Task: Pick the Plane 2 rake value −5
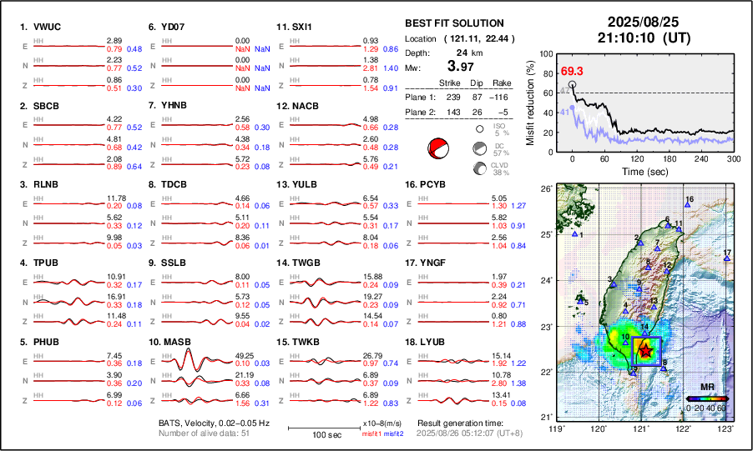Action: pos(503,112)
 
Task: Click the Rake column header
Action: pos(502,83)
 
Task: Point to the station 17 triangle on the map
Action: pos(726,259)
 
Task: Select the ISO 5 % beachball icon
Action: pos(480,129)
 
